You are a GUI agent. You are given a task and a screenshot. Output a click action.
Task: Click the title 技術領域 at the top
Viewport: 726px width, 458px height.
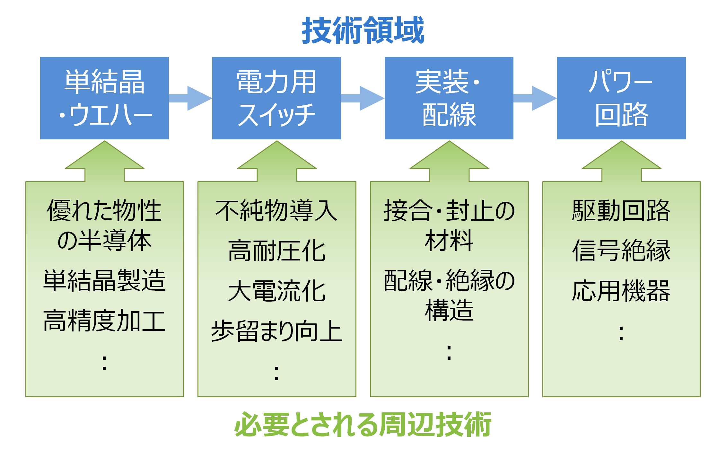(x=363, y=31)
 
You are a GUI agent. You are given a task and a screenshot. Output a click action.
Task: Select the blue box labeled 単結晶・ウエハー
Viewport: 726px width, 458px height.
(x=104, y=98)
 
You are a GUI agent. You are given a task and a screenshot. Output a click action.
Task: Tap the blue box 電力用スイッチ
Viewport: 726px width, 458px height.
(x=276, y=98)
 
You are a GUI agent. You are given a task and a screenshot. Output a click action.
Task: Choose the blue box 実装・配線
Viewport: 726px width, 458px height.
(x=449, y=98)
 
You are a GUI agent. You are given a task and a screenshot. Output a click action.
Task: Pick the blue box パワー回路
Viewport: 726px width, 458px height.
(x=621, y=98)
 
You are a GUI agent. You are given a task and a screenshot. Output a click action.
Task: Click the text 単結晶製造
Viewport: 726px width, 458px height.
(x=104, y=281)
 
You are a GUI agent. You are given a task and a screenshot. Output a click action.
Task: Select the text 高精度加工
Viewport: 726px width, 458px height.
(x=104, y=321)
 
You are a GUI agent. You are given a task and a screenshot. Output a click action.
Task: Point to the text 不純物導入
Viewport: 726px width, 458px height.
(x=276, y=211)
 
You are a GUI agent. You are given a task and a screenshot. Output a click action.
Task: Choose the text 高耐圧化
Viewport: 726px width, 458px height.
(x=276, y=251)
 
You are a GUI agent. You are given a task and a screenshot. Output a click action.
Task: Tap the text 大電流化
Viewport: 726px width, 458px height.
(x=276, y=291)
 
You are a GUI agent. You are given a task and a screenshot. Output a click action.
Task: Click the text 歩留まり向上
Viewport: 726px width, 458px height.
(x=276, y=331)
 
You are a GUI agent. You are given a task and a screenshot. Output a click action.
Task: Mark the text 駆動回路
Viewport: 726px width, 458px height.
(x=621, y=211)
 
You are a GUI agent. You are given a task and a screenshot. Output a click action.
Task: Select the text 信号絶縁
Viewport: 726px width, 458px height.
(x=621, y=251)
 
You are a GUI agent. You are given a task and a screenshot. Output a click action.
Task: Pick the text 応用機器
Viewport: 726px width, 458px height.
(x=621, y=291)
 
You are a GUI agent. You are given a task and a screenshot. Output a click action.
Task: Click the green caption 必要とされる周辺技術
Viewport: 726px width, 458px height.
(x=363, y=425)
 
